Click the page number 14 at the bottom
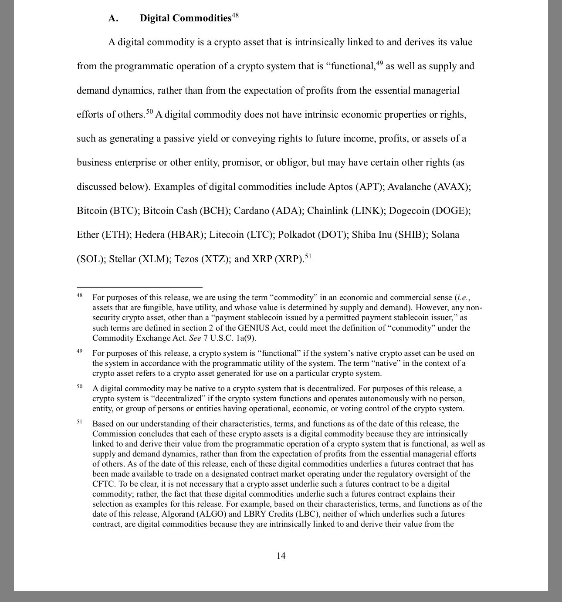(x=281, y=556)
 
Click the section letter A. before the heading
(x=113, y=18)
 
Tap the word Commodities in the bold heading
(x=202, y=18)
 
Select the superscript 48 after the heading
(x=235, y=16)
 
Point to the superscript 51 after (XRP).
(x=308, y=256)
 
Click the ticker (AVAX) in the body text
(x=452, y=187)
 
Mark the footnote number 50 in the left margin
(x=80, y=386)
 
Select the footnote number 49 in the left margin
(x=80, y=351)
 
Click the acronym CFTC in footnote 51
(x=103, y=484)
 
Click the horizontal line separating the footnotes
(x=139, y=287)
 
